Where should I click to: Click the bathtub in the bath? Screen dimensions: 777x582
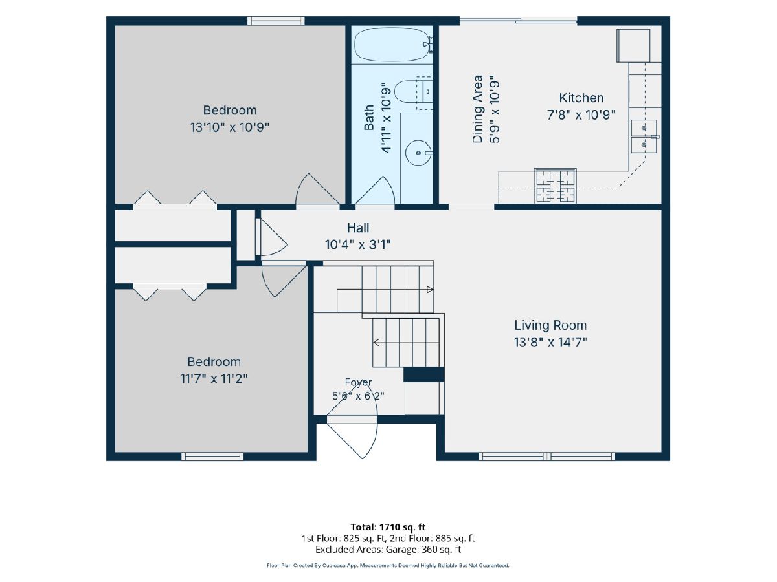pyautogui.click(x=393, y=45)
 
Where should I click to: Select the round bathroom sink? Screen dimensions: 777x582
pyautogui.click(x=418, y=153)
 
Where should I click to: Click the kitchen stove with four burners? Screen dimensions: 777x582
pyautogui.click(x=555, y=186)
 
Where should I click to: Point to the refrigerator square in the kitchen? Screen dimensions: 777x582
pyautogui.click(x=633, y=46)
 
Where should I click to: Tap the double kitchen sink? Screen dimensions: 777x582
pyautogui.click(x=644, y=136)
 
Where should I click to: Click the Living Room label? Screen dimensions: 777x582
pyautogui.click(x=550, y=325)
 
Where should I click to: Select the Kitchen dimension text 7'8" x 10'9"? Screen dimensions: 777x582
pyautogui.click(x=581, y=115)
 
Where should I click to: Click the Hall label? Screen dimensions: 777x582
pyautogui.click(x=358, y=228)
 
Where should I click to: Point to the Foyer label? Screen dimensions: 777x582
pyautogui.click(x=358, y=382)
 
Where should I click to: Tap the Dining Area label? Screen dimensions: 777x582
pyautogui.click(x=477, y=109)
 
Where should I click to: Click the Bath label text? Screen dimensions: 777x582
pyautogui.click(x=369, y=117)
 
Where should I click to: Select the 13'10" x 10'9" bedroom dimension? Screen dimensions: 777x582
pyautogui.click(x=230, y=127)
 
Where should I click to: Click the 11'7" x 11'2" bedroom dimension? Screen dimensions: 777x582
pyautogui.click(x=214, y=379)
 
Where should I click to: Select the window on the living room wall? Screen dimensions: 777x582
pyautogui.click(x=547, y=457)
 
